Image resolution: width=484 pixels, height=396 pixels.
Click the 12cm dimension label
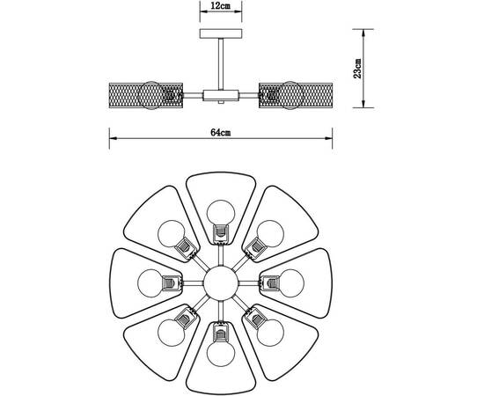[221, 6]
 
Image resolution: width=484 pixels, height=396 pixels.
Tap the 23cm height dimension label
[357, 69]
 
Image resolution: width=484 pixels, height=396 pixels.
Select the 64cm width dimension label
[220, 133]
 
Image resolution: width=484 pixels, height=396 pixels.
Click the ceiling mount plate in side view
[221, 33]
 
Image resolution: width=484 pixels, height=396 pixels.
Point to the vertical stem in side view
[221, 64]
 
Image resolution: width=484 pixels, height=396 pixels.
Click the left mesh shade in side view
[146, 95]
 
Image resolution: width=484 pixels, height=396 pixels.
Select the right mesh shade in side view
[296, 95]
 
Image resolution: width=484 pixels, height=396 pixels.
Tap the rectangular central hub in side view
[221, 95]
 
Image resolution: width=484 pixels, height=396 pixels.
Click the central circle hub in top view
[221, 283]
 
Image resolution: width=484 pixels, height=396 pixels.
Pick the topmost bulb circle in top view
[221, 214]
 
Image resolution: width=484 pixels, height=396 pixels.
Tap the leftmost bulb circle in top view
[151, 283]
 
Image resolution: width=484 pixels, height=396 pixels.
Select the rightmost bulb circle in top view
[290, 283]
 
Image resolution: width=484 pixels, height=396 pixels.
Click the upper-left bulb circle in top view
[172, 234]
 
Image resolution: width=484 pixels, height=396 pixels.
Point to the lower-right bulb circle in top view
[270, 333]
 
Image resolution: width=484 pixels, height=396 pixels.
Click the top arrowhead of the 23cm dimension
[363, 33]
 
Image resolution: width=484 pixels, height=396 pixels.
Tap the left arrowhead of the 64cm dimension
[114, 138]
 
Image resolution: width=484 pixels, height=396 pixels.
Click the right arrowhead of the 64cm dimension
[328, 138]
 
